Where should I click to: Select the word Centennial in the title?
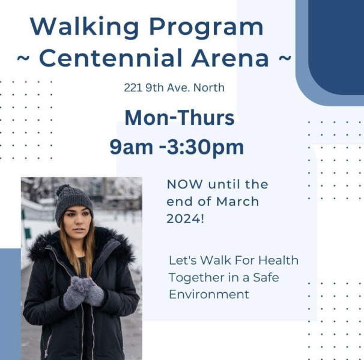coord(111,58)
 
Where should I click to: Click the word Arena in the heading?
coord(230,58)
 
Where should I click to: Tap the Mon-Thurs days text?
coord(180,118)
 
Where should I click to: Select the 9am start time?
coord(131,147)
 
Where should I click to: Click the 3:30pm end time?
coord(205,147)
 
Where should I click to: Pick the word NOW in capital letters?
coord(185,184)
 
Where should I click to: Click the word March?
coord(237,202)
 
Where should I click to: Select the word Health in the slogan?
coord(278,260)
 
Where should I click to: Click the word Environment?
coord(209,295)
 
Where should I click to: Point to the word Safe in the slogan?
coord(266,277)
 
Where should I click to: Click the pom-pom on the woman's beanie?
coord(63,190)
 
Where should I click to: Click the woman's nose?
coord(79,221)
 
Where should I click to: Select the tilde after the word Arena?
coord(284,58)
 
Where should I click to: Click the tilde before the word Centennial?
coord(23,58)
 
